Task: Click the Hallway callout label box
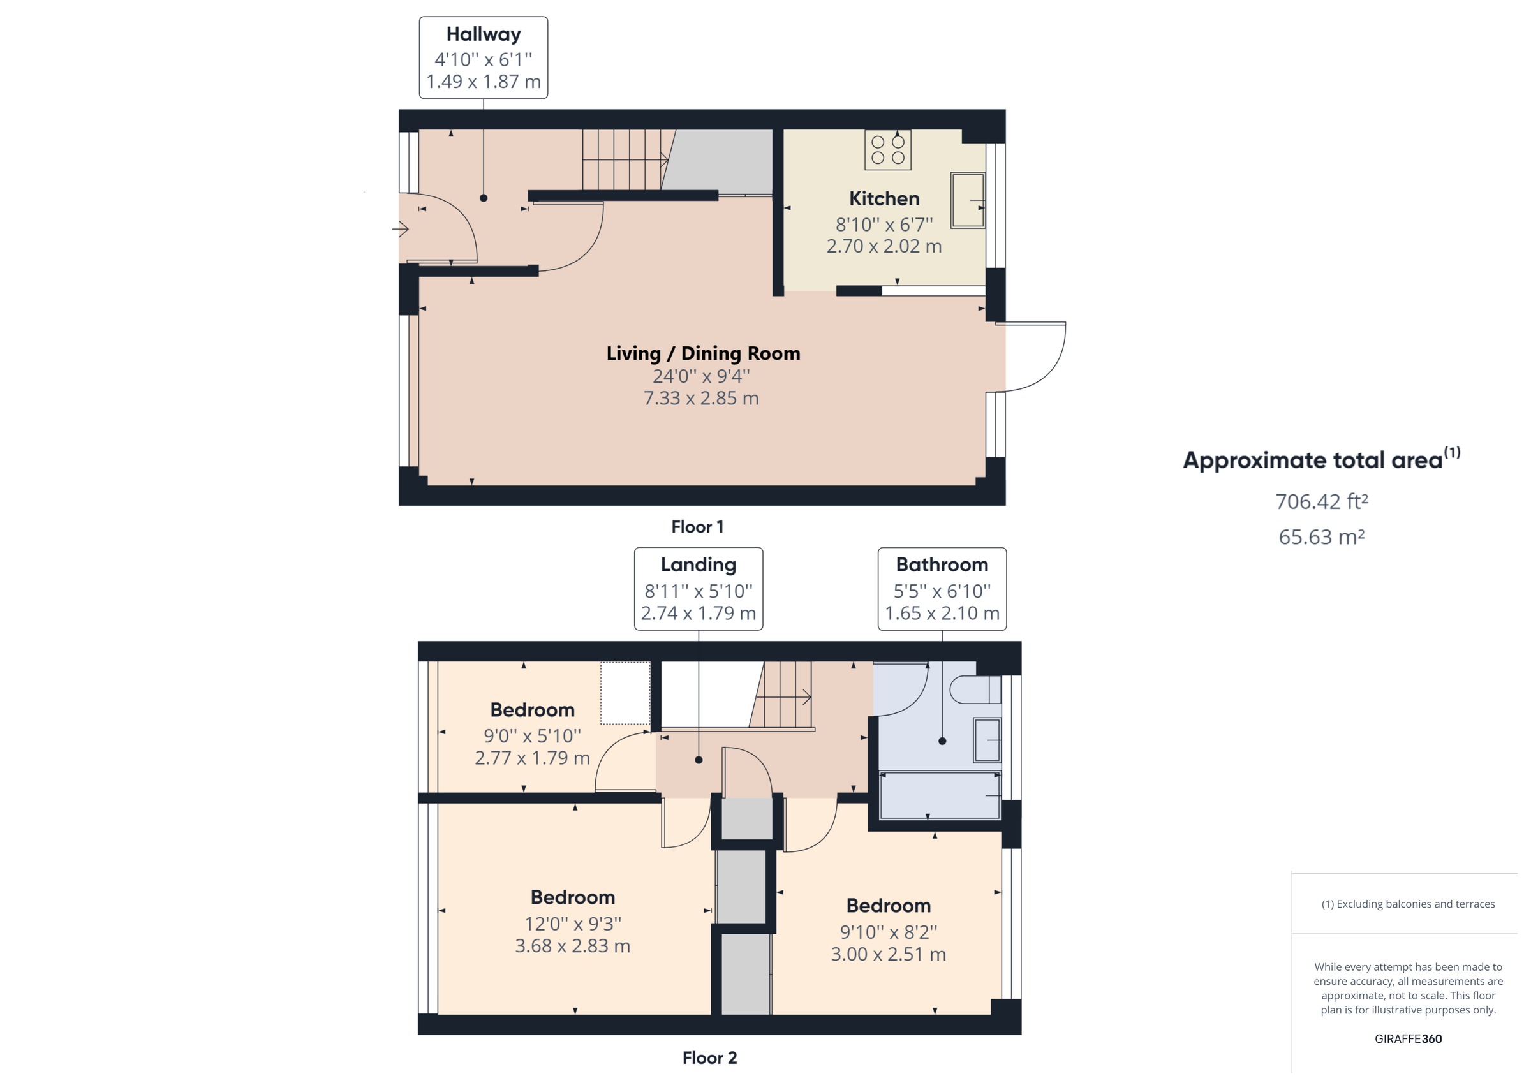coord(483,58)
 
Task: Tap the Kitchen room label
coord(884,199)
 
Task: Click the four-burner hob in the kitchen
coord(887,150)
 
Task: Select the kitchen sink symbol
coord(968,200)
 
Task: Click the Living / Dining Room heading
coord(703,353)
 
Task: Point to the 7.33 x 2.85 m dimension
coord(701,398)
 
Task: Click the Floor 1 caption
coord(697,527)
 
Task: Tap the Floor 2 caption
coord(709,1057)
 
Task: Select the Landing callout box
coord(698,588)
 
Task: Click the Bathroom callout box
coord(942,588)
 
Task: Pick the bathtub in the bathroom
coord(940,795)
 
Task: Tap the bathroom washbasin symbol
coord(987,740)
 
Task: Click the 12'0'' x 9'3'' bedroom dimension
coord(572,924)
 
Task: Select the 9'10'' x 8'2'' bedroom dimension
coord(888,932)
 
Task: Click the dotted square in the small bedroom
coord(625,693)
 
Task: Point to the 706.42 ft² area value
coord(1321,501)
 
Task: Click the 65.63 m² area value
coord(1321,537)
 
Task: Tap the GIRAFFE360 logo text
coord(1408,1038)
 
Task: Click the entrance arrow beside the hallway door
coord(400,230)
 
